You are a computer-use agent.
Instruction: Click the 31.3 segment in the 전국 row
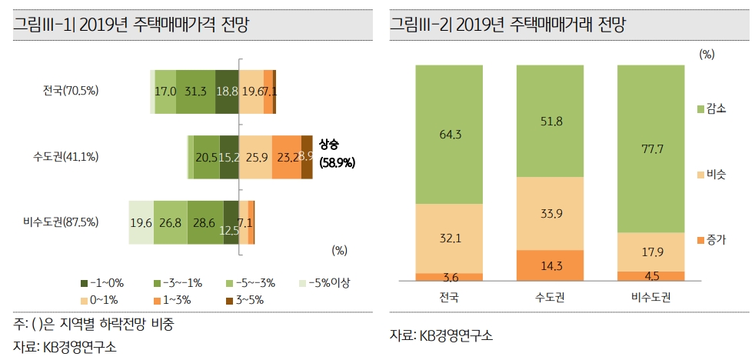click(x=196, y=92)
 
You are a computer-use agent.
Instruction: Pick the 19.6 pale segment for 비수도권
click(x=141, y=222)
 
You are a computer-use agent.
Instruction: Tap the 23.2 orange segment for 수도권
click(x=287, y=157)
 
